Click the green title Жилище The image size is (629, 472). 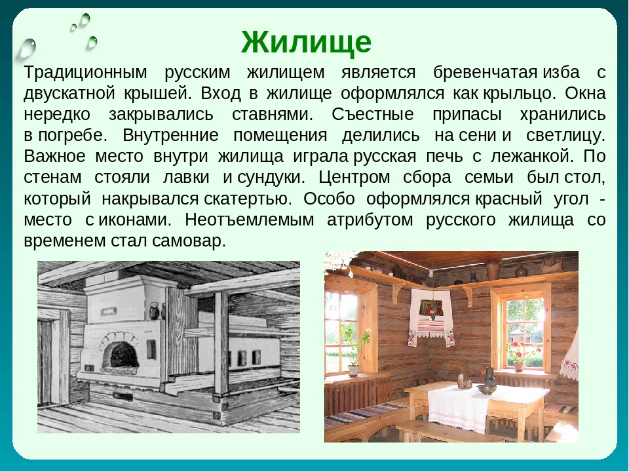pyautogui.click(x=306, y=42)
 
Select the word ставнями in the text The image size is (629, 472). pyautogui.click(x=273, y=114)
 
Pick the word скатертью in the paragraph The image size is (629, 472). pyautogui.click(x=248, y=199)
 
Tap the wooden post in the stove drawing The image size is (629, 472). pyautogui.click(x=221, y=345)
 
